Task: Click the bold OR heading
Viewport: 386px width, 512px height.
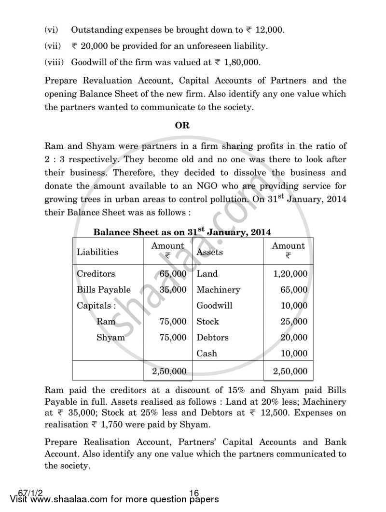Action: [182, 126]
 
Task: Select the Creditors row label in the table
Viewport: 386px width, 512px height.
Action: [96, 274]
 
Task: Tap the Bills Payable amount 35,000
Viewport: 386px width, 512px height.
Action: [173, 290]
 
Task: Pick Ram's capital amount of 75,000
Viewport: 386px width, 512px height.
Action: [173, 322]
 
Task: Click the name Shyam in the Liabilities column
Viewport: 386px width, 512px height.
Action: [110, 338]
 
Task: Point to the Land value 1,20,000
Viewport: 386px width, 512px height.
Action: [290, 274]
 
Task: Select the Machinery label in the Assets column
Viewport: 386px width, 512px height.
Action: [218, 290]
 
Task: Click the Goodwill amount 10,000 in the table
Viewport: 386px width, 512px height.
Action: [294, 306]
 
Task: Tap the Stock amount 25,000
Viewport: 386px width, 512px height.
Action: [294, 322]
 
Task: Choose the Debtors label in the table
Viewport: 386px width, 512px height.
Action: [212, 338]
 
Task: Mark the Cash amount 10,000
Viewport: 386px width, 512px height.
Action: [294, 354]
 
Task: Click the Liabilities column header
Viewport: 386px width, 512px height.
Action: [97, 252]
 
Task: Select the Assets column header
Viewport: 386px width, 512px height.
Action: [209, 252]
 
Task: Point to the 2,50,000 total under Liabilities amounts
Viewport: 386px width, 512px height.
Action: [169, 371]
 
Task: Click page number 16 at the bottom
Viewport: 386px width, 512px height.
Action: [194, 493]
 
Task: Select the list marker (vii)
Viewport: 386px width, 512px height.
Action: [53, 46]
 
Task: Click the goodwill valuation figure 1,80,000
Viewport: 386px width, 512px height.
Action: [241, 62]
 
